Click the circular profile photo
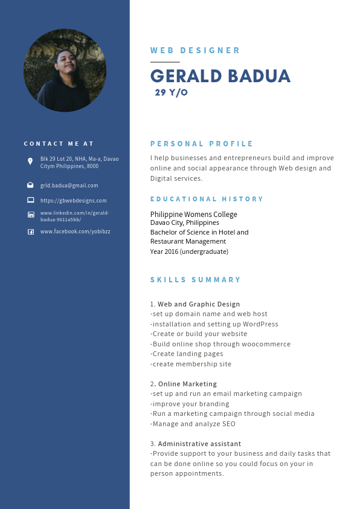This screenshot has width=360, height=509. coord(65,71)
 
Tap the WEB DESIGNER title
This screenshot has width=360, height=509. coord(195,51)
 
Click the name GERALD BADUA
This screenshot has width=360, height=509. coord(220,76)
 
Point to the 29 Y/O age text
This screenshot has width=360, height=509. coord(171,92)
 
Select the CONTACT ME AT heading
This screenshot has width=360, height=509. coord(59,144)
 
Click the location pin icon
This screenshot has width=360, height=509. coord(30,161)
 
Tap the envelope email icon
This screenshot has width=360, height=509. coord(30,185)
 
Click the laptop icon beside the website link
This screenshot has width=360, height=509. coord(30,200)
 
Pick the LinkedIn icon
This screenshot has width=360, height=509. coord(31,215)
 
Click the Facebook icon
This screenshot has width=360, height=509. coord(31,232)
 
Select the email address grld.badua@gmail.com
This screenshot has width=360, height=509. coord(69,186)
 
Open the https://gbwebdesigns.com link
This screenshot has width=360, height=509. coord(73,201)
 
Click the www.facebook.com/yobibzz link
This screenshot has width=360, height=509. coord(75,232)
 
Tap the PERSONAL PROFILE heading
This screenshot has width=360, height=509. coord(202,144)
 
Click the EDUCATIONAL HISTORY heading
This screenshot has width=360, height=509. coord(207,199)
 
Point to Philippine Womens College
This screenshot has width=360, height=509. coord(193,215)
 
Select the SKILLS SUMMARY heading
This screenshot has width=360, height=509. coord(195,280)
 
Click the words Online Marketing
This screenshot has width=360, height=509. coord(187,384)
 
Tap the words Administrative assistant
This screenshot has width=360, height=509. coord(199,444)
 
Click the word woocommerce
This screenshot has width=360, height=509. coord(266,344)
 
